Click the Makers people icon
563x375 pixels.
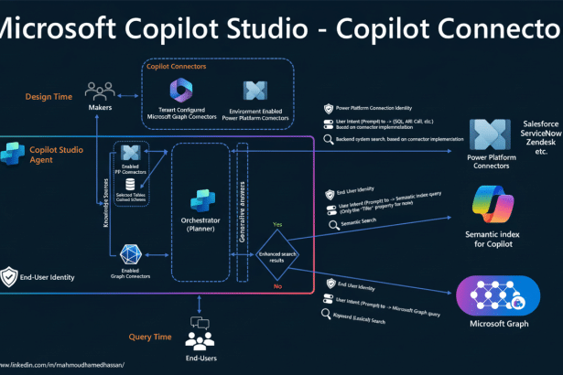click(98, 91)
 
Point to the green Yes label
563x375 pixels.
click(276, 222)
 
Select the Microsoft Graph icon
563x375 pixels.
click(494, 295)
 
